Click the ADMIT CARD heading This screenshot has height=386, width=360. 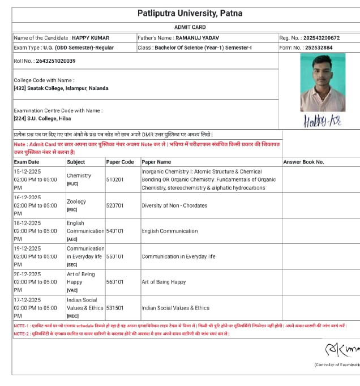190,27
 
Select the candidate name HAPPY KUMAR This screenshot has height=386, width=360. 91,38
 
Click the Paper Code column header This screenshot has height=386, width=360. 120,162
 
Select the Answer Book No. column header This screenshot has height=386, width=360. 303,162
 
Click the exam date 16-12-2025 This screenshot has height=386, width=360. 28,197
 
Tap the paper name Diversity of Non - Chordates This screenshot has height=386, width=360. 174,205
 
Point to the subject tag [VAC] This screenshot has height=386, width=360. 72,290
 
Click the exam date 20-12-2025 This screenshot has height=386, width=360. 28,274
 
